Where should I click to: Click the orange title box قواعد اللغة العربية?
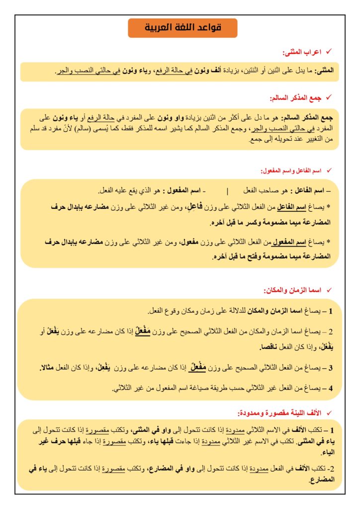[x=182, y=28]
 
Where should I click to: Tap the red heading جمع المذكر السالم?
[x=295, y=98]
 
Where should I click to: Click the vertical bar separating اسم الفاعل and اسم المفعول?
[x=227, y=191]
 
